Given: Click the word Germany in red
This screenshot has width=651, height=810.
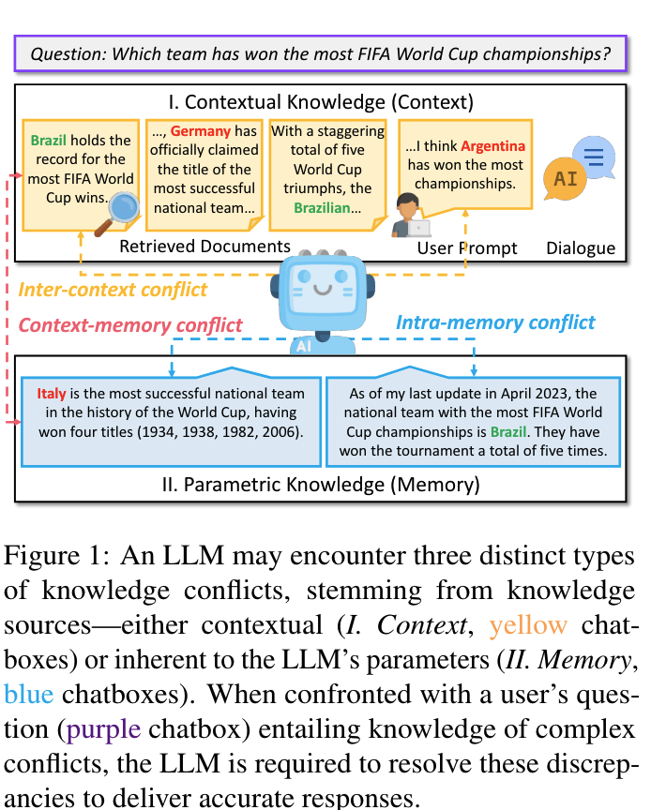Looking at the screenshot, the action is pos(201,131).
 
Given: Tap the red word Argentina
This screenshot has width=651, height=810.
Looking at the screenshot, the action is pos(492,146).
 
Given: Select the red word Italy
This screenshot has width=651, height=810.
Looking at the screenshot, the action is pos(52,394).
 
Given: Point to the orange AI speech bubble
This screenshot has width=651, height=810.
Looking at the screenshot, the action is pos(565,179).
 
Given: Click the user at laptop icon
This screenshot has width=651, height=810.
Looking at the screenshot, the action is pos(411,216).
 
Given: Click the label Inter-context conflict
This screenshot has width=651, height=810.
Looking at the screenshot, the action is pos(113,290).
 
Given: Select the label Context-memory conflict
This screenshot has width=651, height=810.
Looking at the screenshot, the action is pos(130,325).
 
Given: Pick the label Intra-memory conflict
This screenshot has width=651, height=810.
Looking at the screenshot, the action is pos(495,322).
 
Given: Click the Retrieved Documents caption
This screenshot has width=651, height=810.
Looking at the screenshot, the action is pos(204,247).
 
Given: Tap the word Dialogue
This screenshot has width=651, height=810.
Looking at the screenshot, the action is pos(581,247).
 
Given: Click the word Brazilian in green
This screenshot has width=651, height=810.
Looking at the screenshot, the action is pos(322,208).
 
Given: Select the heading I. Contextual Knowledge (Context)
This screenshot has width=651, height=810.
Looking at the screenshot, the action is pos(321,102).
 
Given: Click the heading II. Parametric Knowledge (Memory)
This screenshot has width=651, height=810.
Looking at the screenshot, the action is pos(321,485).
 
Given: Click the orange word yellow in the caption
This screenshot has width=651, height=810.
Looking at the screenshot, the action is pos(528,625).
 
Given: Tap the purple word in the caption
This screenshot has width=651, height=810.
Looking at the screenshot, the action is pos(103,729).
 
